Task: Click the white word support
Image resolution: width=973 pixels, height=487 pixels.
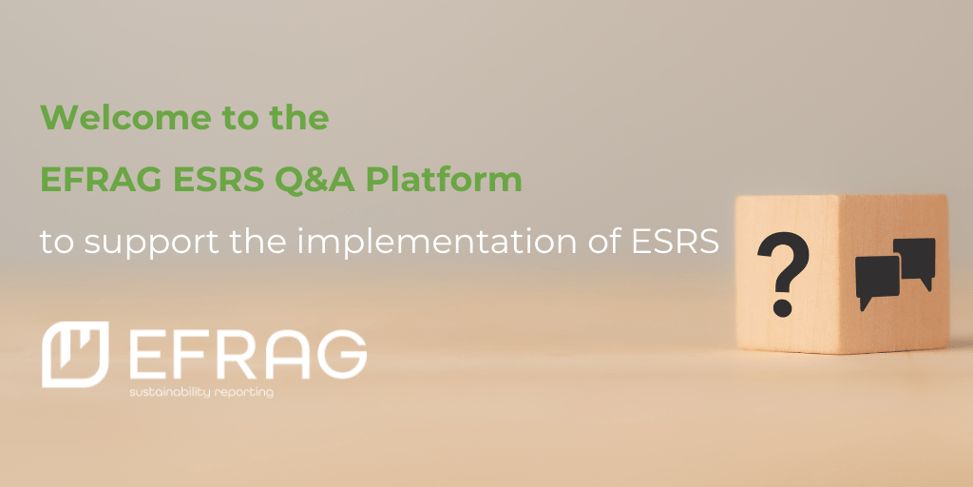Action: [x=148, y=243]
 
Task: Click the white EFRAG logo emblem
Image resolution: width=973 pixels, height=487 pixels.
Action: [x=74, y=353]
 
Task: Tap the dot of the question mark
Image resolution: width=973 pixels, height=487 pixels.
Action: [x=784, y=307]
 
